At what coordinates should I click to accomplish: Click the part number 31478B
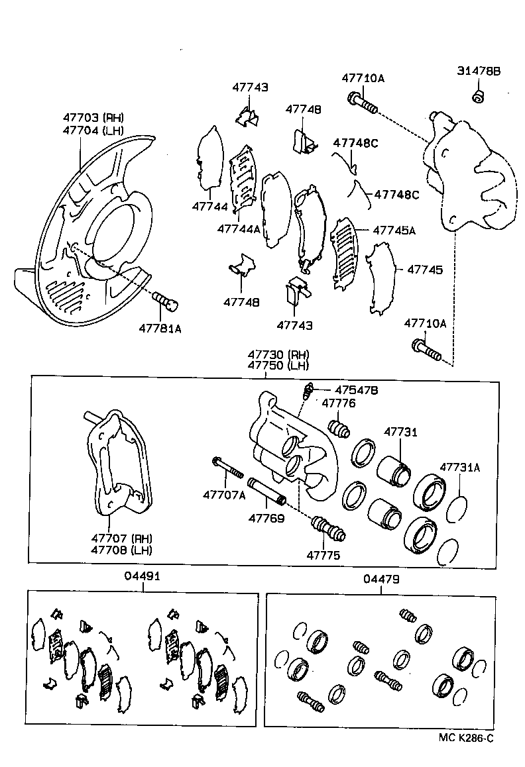(x=479, y=71)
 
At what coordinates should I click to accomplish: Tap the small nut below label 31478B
(x=477, y=97)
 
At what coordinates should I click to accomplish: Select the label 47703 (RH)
(x=93, y=117)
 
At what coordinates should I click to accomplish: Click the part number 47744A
(x=238, y=229)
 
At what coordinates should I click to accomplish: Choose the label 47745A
(x=394, y=230)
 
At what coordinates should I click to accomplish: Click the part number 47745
(x=424, y=270)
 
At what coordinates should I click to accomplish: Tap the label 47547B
(x=356, y=390)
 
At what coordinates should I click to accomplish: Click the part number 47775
(x=323, y=556)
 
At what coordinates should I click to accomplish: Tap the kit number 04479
(x=381, y=578)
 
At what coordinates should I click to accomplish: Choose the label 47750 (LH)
(x=278, y=366)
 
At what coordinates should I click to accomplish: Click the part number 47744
(x=210, y=207)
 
